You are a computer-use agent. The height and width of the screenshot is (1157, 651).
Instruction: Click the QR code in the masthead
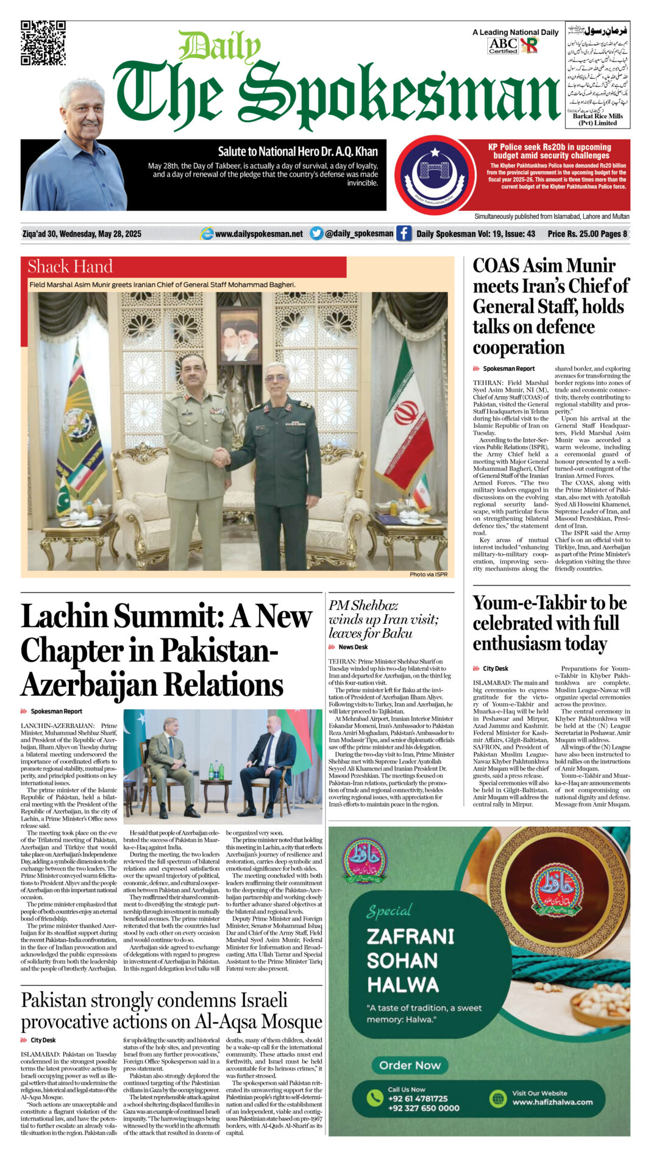[43, 43]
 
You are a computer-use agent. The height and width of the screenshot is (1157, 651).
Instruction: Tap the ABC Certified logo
[503, 46]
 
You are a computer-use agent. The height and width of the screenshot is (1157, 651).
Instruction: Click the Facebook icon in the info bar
[404, 233]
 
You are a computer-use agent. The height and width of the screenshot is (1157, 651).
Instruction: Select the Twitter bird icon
[316, 233]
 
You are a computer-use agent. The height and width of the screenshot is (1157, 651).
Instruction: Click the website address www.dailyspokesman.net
[258, 234]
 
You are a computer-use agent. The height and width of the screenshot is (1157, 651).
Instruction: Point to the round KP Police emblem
[435, 174]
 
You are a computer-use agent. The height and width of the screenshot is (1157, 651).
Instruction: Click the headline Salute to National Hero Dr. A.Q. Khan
[297, 152]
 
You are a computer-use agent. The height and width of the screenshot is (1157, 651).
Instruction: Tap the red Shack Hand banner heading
[70, 267]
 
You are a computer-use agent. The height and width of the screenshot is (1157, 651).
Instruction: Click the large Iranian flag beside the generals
[403, 417]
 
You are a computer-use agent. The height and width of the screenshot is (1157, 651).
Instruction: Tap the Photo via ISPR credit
[428, 575]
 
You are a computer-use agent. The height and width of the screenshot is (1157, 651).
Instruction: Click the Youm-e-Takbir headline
[549, 623]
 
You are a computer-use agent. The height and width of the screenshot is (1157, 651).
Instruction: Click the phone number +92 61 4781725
[418, 1099]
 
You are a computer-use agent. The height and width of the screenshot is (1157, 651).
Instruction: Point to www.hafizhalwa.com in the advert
[552, 1102]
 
